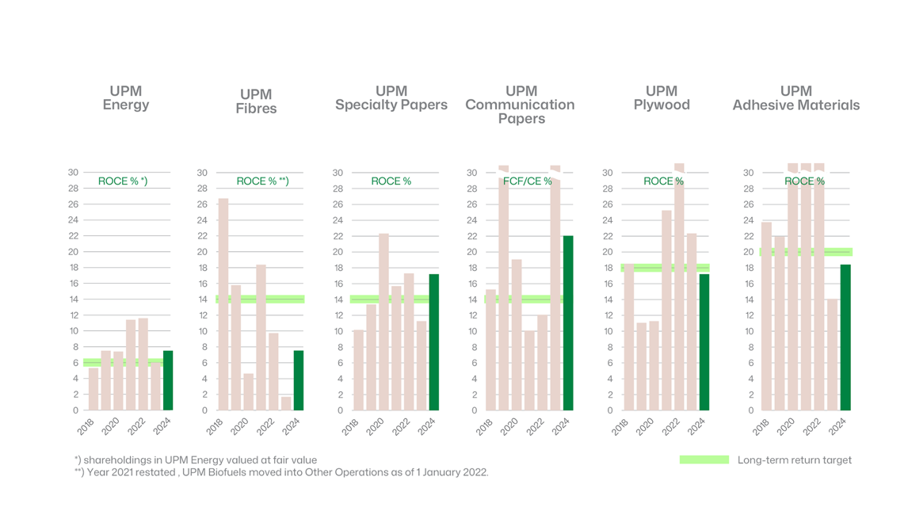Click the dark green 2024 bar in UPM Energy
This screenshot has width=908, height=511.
[168, 380]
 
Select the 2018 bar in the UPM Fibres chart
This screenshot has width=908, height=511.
[223, 304]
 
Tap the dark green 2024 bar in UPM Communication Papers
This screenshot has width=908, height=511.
[568, 323]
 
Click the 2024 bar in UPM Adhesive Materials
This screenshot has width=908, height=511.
[845, 337]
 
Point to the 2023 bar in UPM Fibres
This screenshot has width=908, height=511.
[286, 403]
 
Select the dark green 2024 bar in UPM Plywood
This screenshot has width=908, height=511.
[704, 342]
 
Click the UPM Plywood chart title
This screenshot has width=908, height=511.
[662, 98]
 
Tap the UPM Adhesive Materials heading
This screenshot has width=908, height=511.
[795, 98]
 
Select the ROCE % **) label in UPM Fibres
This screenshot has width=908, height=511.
[262, 181]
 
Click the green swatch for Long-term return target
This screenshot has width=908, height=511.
[704, 460]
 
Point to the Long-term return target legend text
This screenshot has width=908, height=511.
[794, 460]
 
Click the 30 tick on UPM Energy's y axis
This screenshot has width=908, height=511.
[73, 173]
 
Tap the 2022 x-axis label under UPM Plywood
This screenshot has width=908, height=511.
[671, 426]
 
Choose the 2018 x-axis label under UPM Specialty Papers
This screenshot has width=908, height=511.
[350, 426]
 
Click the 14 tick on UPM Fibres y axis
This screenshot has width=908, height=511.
[202, 299]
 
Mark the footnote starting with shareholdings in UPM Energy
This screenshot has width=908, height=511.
[196, 460]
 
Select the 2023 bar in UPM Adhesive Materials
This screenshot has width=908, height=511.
[832, 354]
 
